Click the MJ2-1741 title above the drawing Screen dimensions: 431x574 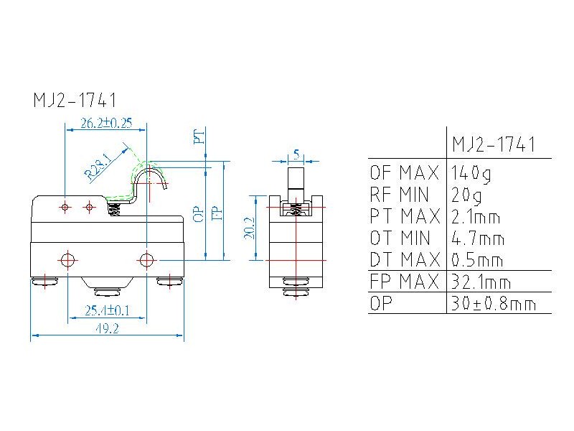click(x=75, y=100)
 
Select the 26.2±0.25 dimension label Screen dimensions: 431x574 click(x=106, y=124)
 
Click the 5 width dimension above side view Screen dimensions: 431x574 click(x=296, y=154)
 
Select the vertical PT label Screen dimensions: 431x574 click(x=199, y=136)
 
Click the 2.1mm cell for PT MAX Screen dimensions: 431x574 click(x=476, y=216)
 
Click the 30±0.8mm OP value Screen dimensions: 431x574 click(x=494, y=304)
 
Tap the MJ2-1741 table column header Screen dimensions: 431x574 click(x=494, y=144)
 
